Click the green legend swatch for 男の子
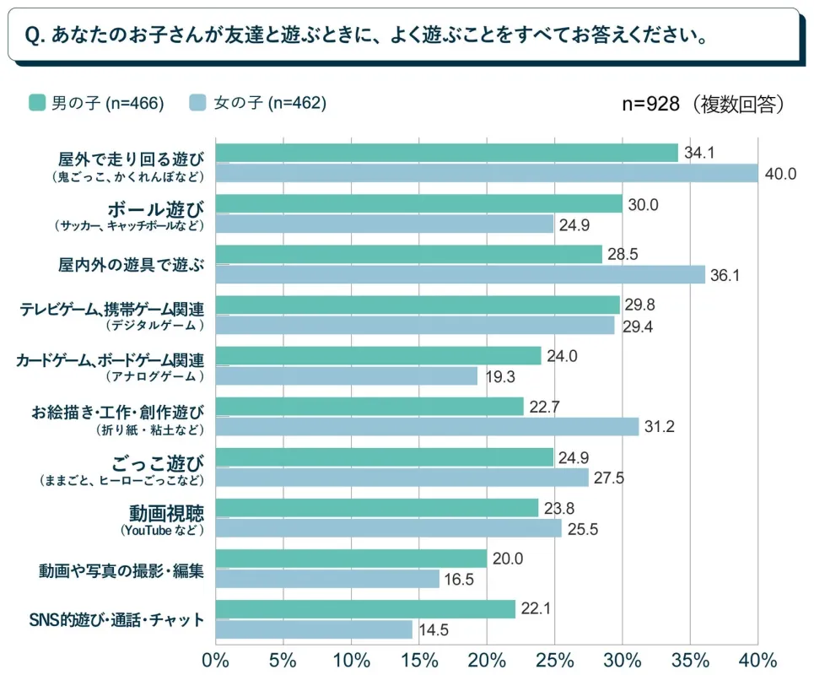coord(36,103)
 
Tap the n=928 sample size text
coord(652,104)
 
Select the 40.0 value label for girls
coord(781,174)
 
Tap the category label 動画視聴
coord(166,512)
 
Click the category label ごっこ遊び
coord(158,462)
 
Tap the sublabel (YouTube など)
coord(163,530)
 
